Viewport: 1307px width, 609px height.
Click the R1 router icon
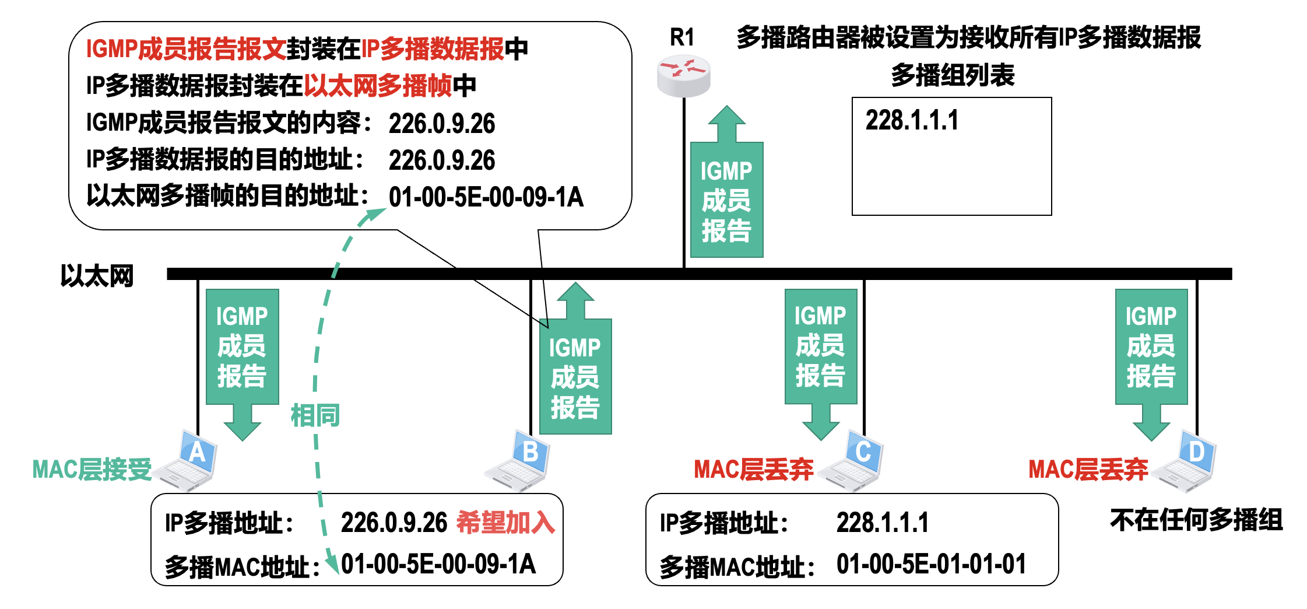(683, 76)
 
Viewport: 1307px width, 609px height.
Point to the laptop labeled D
(1187, 462)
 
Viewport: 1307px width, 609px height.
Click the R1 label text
(682, 37)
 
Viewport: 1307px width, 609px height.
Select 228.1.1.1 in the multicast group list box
(912, 121)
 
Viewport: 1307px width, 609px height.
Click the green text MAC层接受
(92, 470)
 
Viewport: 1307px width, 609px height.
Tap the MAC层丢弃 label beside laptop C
(753, 470)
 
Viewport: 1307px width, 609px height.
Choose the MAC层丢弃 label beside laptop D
(1088, 470)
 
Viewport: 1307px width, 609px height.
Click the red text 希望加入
(505, 522)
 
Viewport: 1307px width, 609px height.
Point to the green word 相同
(315, 416)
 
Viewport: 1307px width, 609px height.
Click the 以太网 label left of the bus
(97, 276)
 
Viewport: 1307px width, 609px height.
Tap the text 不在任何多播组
(1196, 520)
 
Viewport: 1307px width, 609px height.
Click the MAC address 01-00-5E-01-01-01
(931, 565)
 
